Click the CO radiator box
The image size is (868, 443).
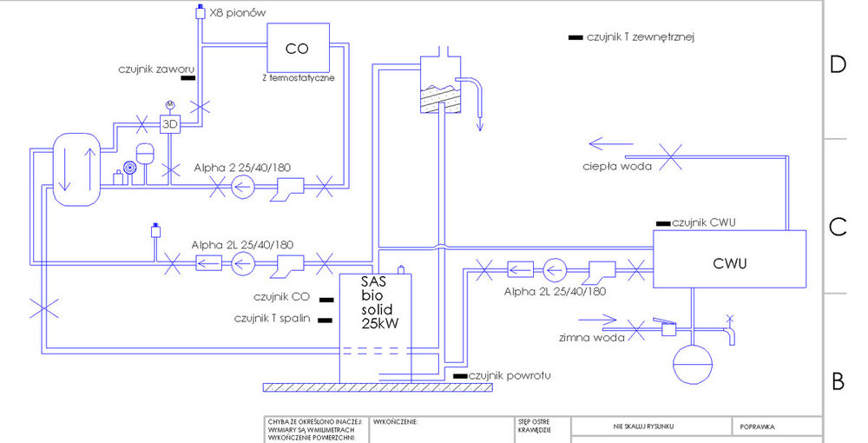click(298, 48)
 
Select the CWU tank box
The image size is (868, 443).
click(729, 259)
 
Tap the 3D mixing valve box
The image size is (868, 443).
click(170, 123)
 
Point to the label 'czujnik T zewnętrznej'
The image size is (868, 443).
click(642, 37)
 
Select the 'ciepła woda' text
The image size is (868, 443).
click(618, 165)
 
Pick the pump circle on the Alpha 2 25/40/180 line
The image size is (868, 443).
click(245, 184)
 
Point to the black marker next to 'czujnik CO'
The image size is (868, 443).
click(327, 299)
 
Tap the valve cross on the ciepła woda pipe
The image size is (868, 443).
click(669, 156)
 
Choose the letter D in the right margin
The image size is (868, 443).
click(838, 65)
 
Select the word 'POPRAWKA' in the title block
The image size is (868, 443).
click(758, 426)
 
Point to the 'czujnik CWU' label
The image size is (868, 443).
click(705, 223)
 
